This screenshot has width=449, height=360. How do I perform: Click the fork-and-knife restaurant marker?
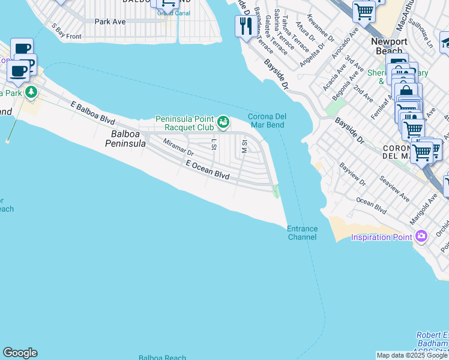244,26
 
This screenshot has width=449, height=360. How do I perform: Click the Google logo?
20,353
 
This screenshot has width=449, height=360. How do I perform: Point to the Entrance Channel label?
301,233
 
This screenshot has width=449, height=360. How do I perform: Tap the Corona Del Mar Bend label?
266,121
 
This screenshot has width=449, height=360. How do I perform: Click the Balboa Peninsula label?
125,139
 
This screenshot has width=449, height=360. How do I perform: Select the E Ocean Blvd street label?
208,169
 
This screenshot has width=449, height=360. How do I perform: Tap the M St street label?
244,146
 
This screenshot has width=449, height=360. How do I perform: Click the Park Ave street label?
110,21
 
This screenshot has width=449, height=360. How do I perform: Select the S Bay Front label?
66,32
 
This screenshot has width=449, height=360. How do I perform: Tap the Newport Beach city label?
389,46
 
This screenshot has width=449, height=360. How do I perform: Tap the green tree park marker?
30,92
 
